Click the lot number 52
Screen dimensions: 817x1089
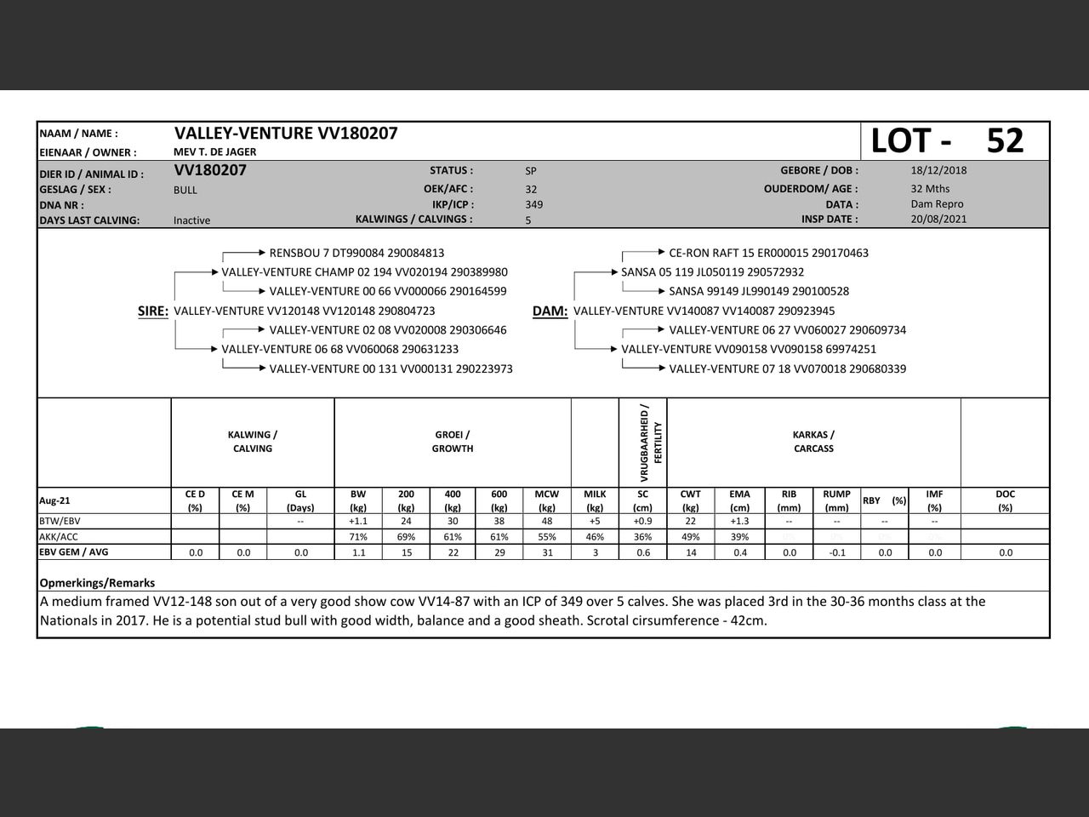pos(1005,140)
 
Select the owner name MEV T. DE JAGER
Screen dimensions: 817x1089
pos(214,152)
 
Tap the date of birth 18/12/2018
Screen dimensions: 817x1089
pos(938,170)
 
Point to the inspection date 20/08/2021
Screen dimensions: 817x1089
pos(938,219)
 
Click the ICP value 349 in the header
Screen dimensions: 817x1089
pos(533,204)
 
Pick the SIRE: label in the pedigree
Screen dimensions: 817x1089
pos(153,311)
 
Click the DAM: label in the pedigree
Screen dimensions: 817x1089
pos(550,311)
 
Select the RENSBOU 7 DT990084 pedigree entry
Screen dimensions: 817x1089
pos(356,253)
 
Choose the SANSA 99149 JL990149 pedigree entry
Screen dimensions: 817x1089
pos(759,291)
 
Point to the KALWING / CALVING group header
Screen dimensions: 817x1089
pos(253,442)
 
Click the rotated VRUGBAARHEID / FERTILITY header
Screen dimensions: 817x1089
pos(651,443)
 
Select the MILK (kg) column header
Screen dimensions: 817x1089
pos(595,500)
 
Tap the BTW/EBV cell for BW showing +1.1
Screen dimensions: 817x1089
pos(358,521)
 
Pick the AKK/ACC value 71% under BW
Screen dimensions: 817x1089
pos(358,537)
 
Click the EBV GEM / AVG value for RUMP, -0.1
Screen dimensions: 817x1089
pos(836,552)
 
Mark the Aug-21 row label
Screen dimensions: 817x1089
pos(54,500)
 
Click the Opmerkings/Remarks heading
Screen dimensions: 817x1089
pos(97,583)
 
